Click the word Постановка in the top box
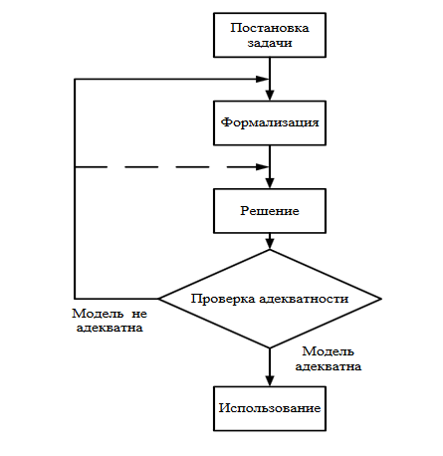pos(270,28)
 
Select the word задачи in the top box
pos(270,43)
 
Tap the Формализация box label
pos(270,122)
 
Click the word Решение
pos(270,211)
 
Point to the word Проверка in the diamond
pos(223,299)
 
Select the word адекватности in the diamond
pos(304,299)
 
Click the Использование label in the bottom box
pos(270,408)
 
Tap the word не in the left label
pos(139,314)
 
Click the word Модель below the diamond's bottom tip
pos(328,351)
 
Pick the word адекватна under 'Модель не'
pos(110,328)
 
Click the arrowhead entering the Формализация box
pos(270,95)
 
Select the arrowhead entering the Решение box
pos(270,183)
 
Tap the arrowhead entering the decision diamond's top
pos(270,244)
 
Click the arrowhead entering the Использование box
pos(270,380)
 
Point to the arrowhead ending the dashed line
pos(263,167)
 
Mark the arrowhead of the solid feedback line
pos(263,79)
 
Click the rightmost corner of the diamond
pos(381,299)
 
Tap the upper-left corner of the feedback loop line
pos(75,79)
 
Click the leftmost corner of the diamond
pos(158,299)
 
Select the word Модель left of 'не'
pos(98,314)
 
